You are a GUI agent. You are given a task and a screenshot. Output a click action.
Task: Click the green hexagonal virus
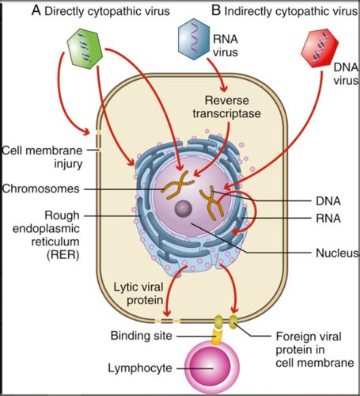(85, 49)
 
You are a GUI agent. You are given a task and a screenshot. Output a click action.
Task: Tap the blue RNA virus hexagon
(194, 38)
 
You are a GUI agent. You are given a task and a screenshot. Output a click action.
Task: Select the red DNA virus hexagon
(320, 48)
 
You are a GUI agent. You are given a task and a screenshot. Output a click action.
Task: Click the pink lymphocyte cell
(213, 367)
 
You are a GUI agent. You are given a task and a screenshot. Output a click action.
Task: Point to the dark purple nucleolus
(184, 208)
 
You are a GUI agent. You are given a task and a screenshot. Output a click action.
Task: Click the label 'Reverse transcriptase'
(227, 107)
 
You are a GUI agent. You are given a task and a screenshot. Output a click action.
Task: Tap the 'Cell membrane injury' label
(42, 157)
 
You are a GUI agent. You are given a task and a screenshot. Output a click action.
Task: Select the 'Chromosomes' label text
(41, 188)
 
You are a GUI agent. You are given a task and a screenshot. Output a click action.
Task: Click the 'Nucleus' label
(337, 253)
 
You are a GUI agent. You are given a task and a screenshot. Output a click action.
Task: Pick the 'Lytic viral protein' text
(138, 294)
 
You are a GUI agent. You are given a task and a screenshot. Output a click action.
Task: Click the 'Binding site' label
(142, 336)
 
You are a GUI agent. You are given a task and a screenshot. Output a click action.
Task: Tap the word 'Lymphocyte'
(140, 368)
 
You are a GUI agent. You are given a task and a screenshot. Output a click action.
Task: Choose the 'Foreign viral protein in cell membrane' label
(315, 349)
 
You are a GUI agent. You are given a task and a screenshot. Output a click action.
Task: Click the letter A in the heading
(36, 11)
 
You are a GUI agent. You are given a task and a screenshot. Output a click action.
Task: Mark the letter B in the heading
(216, 11)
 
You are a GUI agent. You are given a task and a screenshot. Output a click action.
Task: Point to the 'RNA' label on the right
(328, 219)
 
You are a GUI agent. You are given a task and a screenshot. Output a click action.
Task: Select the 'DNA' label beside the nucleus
(328, 201)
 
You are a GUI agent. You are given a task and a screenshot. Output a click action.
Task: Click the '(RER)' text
(63, 255)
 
